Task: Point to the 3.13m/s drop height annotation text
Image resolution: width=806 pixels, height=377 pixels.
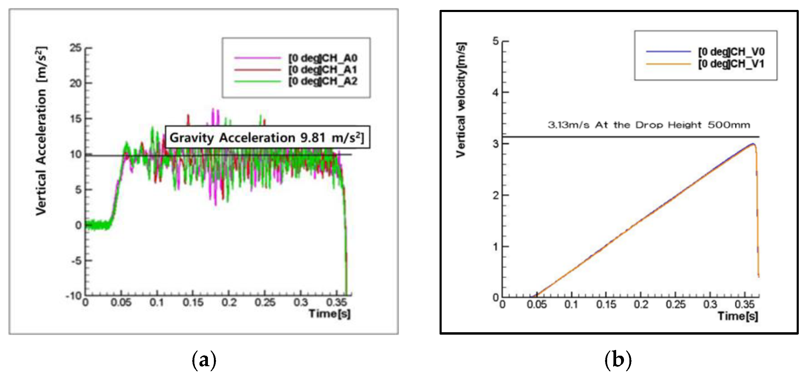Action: coord(649,125)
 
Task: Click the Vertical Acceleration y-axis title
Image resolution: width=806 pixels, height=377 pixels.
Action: coord(41,131)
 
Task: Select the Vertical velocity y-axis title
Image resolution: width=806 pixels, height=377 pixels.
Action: coord(461,100)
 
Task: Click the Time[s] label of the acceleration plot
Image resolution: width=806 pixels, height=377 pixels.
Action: coord(329,313)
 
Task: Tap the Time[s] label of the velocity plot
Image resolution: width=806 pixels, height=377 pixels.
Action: coord(738,316)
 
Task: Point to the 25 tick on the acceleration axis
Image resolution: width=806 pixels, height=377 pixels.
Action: coord(76,48)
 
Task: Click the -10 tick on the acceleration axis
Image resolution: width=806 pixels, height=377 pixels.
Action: coord(74,295)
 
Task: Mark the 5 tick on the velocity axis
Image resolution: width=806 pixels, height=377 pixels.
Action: coord(496,41)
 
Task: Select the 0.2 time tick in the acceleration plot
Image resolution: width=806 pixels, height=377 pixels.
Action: coord(229,302)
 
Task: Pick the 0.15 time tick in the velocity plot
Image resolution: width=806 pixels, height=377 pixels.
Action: coord(606,304)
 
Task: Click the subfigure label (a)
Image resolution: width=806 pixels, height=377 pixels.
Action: coord(204,360)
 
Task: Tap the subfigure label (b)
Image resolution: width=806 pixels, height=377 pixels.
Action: coord(618,360)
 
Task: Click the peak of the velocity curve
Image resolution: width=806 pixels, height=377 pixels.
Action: coord(753,144)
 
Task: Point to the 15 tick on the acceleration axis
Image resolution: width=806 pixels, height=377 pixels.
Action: coord(76,119)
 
